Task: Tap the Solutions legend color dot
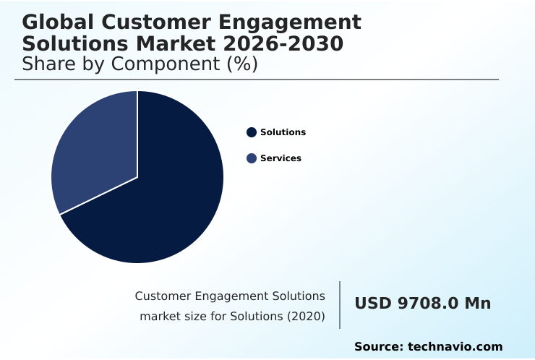click(252, 132)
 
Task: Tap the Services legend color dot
click(252, 158)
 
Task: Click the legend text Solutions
click(283, 132)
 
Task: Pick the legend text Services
click(281, 158)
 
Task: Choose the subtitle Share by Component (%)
click(140, 64)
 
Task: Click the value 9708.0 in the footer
click(428, 304)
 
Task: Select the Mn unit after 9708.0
click(477, 304)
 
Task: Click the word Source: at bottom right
click(379, 347)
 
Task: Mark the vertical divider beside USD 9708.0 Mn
click(340, 305)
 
